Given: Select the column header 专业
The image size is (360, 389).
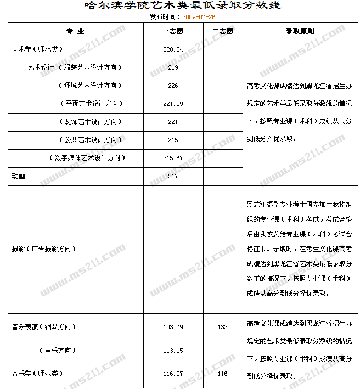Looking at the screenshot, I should pyautogui.click(x=75, y=32).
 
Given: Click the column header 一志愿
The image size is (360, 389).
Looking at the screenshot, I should pyautogui.click(x=173, y=32).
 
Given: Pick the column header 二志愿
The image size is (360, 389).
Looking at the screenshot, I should pyautogui.click(x=222, y=32).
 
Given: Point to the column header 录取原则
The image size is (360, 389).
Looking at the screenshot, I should pyautogui.click(x=300, y=32).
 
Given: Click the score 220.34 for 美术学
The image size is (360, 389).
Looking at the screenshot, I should pyautogui.click(x=173, y=49).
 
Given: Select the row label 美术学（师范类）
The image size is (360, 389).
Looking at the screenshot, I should pyautogui.click(x=37, y=49).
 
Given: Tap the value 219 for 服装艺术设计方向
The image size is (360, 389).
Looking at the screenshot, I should pyautogui.click(x=173, y=67).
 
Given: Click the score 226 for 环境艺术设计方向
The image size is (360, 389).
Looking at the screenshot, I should pyautogui.click(x=173, y=86).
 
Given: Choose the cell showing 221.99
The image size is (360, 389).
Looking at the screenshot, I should pyautogui.click(x=173, y=104).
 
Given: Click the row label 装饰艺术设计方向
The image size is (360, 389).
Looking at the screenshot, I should pyautogui.click(x=91, y=122).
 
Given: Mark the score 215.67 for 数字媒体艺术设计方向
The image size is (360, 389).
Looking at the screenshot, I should pyautogui.click(x=173, y=158).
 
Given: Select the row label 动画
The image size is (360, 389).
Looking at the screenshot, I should pyautogui.click(x=18, y=176).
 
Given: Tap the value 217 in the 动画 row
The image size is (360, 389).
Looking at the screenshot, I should pyautogui.click(x=173, y=176).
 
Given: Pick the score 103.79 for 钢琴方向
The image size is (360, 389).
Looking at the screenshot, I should pyautogui.click(x=173, y=327).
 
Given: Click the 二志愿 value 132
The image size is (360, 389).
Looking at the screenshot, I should pyautogui.click(x=222, y=327).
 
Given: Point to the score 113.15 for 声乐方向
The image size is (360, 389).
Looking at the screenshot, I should pyautogui.click(x=173, y=351).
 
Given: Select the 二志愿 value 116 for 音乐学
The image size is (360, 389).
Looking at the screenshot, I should pyautogui.click(x=222, y=374).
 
